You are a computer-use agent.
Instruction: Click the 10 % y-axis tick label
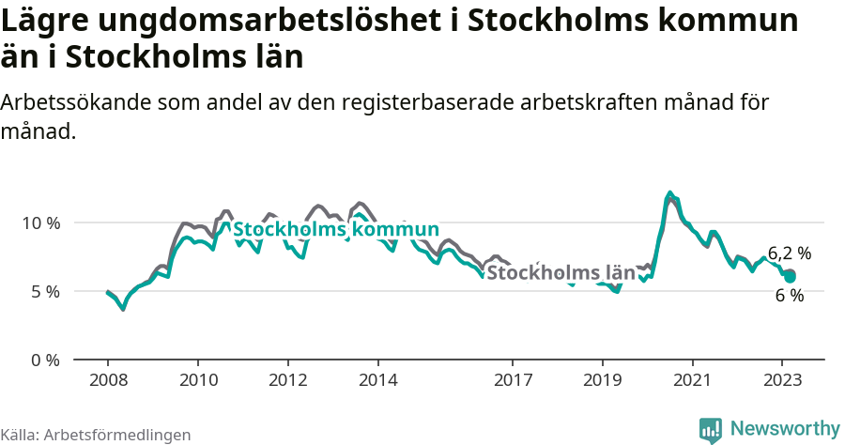click(x=40, y=223)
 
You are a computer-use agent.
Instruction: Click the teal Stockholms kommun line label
click(x=335, y=230)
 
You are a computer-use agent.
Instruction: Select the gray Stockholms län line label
click(x=561, y=273)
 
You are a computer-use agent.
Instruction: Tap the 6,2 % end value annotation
click(x=790, y=253)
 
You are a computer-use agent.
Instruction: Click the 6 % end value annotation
click(x=790, y=296)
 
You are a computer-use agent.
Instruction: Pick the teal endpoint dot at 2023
click(x=791, y=277)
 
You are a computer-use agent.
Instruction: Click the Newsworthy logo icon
click(x=711, y=430)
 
